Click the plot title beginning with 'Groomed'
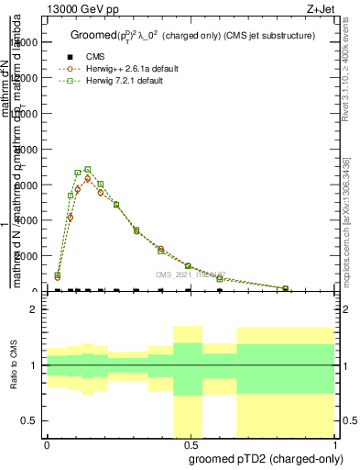[192, 36]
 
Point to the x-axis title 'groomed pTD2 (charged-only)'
[262, 457]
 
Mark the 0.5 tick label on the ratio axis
[28, 420]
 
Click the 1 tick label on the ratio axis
[33, 365]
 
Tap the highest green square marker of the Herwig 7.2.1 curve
[88, 170]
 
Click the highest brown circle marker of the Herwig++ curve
[88, 178]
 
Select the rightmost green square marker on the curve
[285, 288]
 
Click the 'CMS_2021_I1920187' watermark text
[190, 274]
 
